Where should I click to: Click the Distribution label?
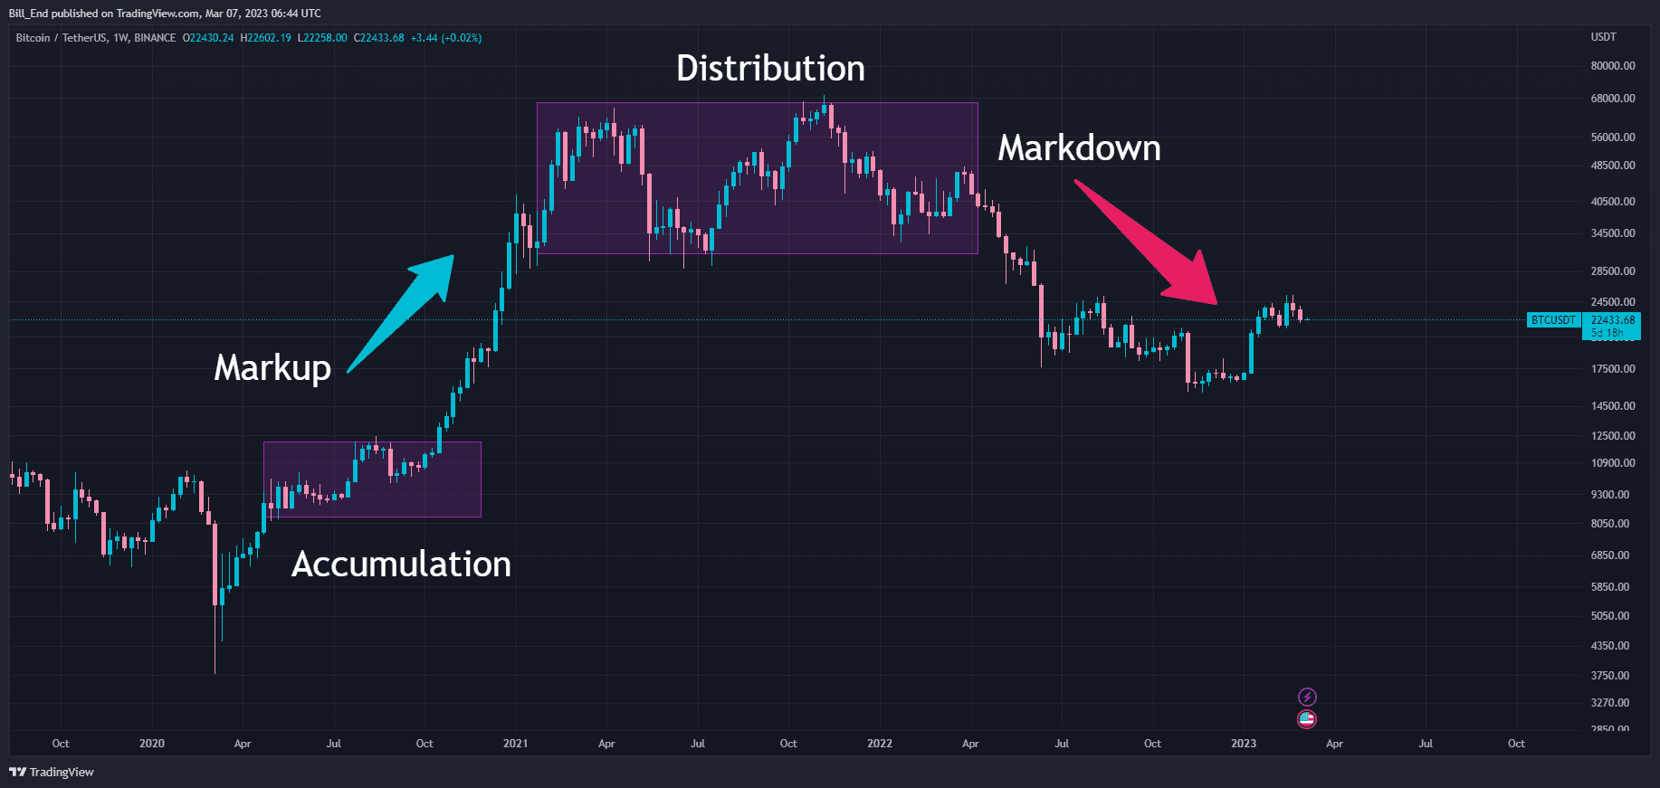click(x=770, y=69)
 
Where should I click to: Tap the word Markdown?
click(x=1079, y=148)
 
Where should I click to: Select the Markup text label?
click(x=272, y=368)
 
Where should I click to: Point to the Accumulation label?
click(x=401, y=565)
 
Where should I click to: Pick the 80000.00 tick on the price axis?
click(x=1613, y=66)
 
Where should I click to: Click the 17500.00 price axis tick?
click(x=1613, y=369)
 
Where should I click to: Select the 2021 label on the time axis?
click(x=515, y=744)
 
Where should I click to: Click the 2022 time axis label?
click(x=879, y=744)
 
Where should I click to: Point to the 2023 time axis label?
click(x=1243, y=744)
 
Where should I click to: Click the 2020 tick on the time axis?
click(x=151, y=744)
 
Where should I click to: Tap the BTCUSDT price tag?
click(x=1553, y=320)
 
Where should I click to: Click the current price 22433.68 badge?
click(x=1613, y=320)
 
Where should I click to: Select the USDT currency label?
click(x=1603, y=37)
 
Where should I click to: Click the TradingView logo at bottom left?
click(x=52, y=772)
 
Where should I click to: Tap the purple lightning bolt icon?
click(x=1307, y=697)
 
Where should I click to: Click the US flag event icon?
click(x=1307, y=719)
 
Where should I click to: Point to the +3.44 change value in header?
click(x=424, y=38)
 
